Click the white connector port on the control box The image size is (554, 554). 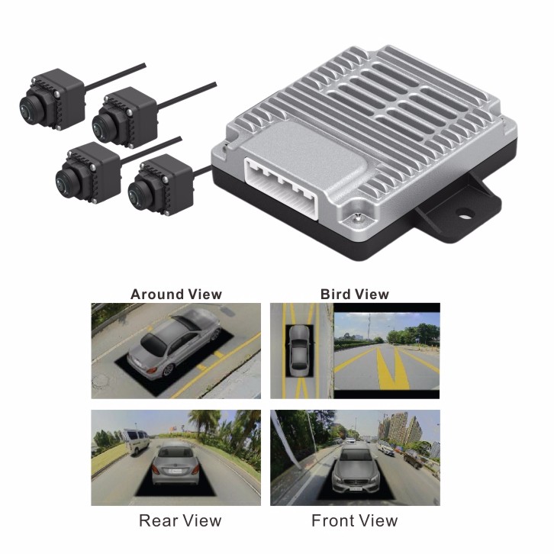pos(282,188)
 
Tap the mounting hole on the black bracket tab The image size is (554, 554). pos(464,213)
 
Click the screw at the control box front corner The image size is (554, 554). pos(358,217)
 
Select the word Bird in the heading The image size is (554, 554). pos(335,295)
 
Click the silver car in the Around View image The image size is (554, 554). pos(173,343)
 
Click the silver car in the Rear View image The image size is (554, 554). pos(175,465)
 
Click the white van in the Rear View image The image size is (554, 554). pos(136,442)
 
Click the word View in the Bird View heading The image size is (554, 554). pos(372,295)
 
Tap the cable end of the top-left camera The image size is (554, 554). pos(143,65)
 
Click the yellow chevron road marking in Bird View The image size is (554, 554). pos(392,368)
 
